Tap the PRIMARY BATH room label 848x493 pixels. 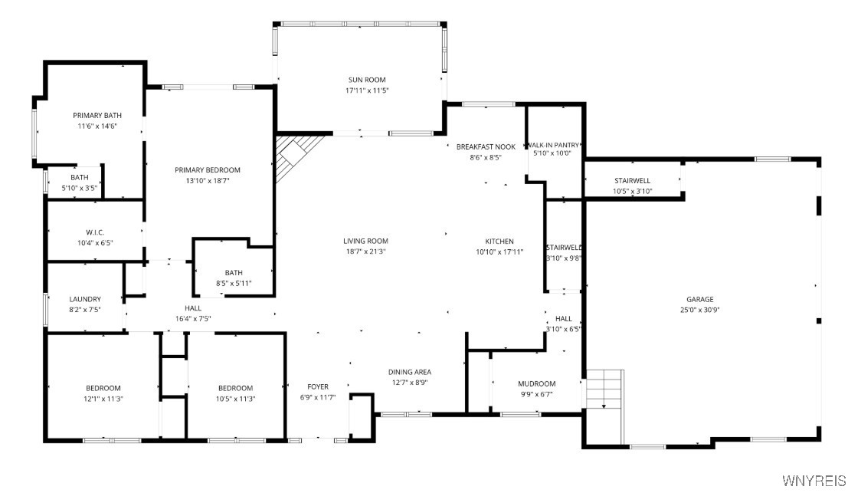pos(97,116)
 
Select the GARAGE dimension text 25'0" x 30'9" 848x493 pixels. pos(699,310)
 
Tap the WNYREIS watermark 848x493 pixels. pos(814,480)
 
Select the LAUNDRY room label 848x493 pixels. pos(84,299)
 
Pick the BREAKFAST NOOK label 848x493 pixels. pos(486,146)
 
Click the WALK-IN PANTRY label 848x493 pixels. pos(552,145)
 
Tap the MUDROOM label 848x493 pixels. pos(536,383)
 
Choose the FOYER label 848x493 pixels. pos(318,386)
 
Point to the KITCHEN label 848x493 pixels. pos(499,242)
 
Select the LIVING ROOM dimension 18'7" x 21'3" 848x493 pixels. pos(365,251)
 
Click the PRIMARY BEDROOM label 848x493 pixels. pos(207,170)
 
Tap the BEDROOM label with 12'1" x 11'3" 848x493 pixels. pos(103,388)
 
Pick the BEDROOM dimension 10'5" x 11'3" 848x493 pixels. pos(234,399)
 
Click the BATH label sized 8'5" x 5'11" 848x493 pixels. pos(234,273)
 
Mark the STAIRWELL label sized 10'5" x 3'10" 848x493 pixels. pos(633,181)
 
